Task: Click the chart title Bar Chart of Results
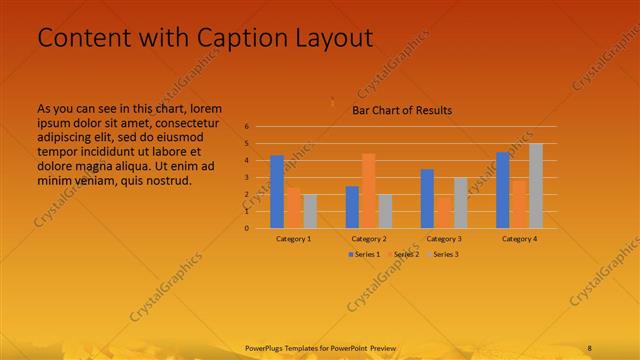pyautogui.click(x=402, y=110)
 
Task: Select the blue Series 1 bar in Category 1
pyautogui.click(x=277, y=191)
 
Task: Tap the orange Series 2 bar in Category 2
pyautogui.click(x=368, y=190)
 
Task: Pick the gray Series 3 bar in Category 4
pyautogui.click(x=536, y=185)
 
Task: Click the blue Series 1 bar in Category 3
pyautogui.click(x=427, y=198)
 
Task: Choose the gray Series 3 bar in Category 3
pyautogui.click(x=460, y=202)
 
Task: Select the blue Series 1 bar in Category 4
pyautogui.click(x=503, y=189)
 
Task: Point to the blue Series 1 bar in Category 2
pyautogui.click(x=352, y=206)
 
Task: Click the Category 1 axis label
pyautogui.click(x=293, y=239)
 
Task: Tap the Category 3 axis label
pyautogui.click(x=443, y=239)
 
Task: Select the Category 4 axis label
pyautogui.click(x=519, y=239)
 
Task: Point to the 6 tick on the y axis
pyautogui.click(x=246, y=127)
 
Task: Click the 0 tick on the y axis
pyautogui.click(x=246, y=228)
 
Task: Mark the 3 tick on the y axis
pyautogui.click(x=246, y=177)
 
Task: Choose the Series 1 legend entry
pyautogui.click(x=364, y=255)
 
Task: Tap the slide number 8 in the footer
pyautogui.click(x=590, y=347)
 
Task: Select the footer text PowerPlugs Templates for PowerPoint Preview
pyautogui.click(x=321, y=347)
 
